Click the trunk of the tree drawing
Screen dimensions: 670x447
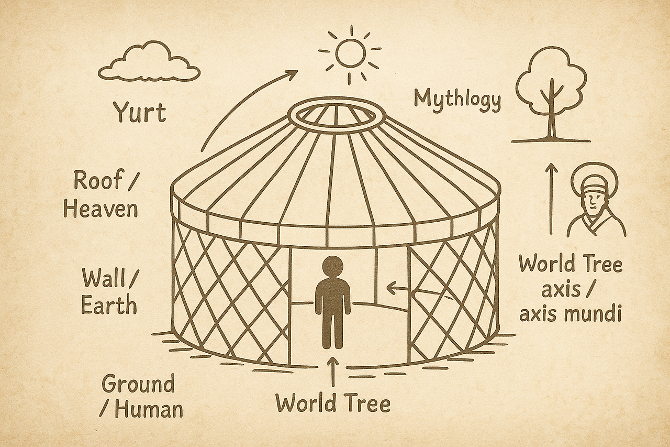coord(551,118)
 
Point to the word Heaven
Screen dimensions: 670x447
coord(100,209)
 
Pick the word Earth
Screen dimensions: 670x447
coord(109,305)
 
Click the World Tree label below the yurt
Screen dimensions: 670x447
coord(333,404)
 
